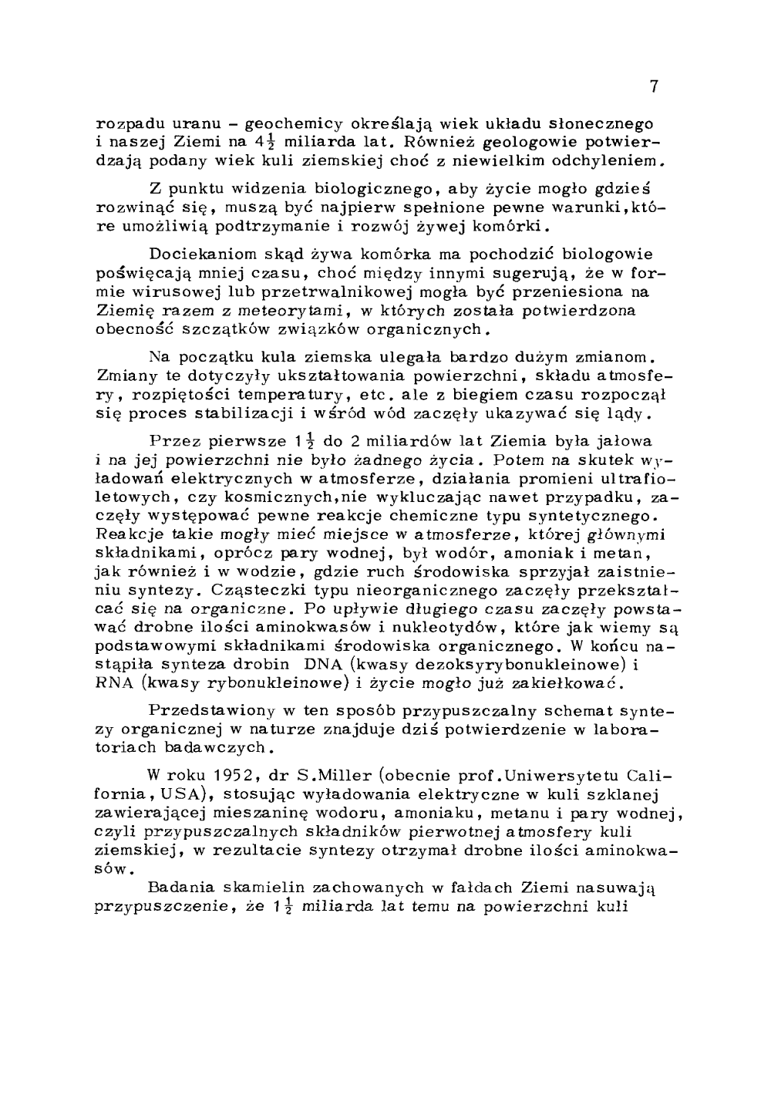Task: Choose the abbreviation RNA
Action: coord(113,683)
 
